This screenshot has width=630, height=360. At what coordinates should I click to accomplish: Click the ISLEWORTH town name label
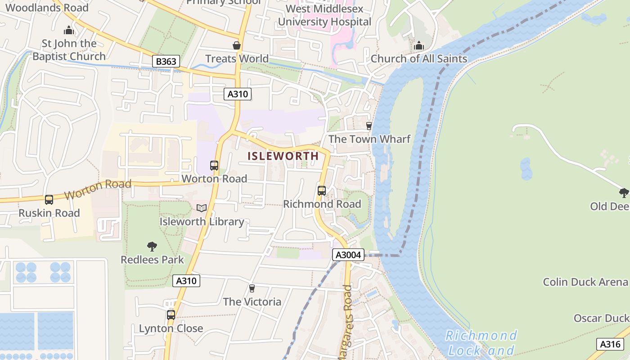[x=283, y=156]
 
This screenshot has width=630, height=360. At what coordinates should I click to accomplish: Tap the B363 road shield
[x=166, y=62]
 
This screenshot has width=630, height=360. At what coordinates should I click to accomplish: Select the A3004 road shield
[x=348, y=255]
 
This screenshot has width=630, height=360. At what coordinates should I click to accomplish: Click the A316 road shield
[x=610, y=344]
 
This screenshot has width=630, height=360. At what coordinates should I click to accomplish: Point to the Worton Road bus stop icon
[x=214, y=166]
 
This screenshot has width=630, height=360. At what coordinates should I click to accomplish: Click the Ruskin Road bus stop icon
[x=49, y=200]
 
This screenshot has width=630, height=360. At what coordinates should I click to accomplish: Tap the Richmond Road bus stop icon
[x=322, y=191]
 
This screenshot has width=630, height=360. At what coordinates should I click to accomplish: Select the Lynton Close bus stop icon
[x=171, y=315]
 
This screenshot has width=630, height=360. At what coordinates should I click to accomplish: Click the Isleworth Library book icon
[x=202, y=208]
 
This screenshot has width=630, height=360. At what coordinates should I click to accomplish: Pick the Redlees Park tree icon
[x=152, y=247]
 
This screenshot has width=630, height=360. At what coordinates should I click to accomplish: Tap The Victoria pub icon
[x=252, y=288]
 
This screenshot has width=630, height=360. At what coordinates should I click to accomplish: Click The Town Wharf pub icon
[x=369, y=126]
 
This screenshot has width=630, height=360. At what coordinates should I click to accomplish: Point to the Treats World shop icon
[x=237, y=45]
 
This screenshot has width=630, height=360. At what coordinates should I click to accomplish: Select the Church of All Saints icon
[x=419, y=45]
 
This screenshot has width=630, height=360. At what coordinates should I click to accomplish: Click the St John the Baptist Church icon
[x=69, y=31]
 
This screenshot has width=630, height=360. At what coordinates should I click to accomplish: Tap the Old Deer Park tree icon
[x=624, y=193]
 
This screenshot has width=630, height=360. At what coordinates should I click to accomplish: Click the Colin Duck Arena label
[x=585, y=282]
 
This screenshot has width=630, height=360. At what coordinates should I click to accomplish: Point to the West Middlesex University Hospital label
[x=324, y=15]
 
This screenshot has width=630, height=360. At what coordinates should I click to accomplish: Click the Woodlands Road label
[x=47, y=7]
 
